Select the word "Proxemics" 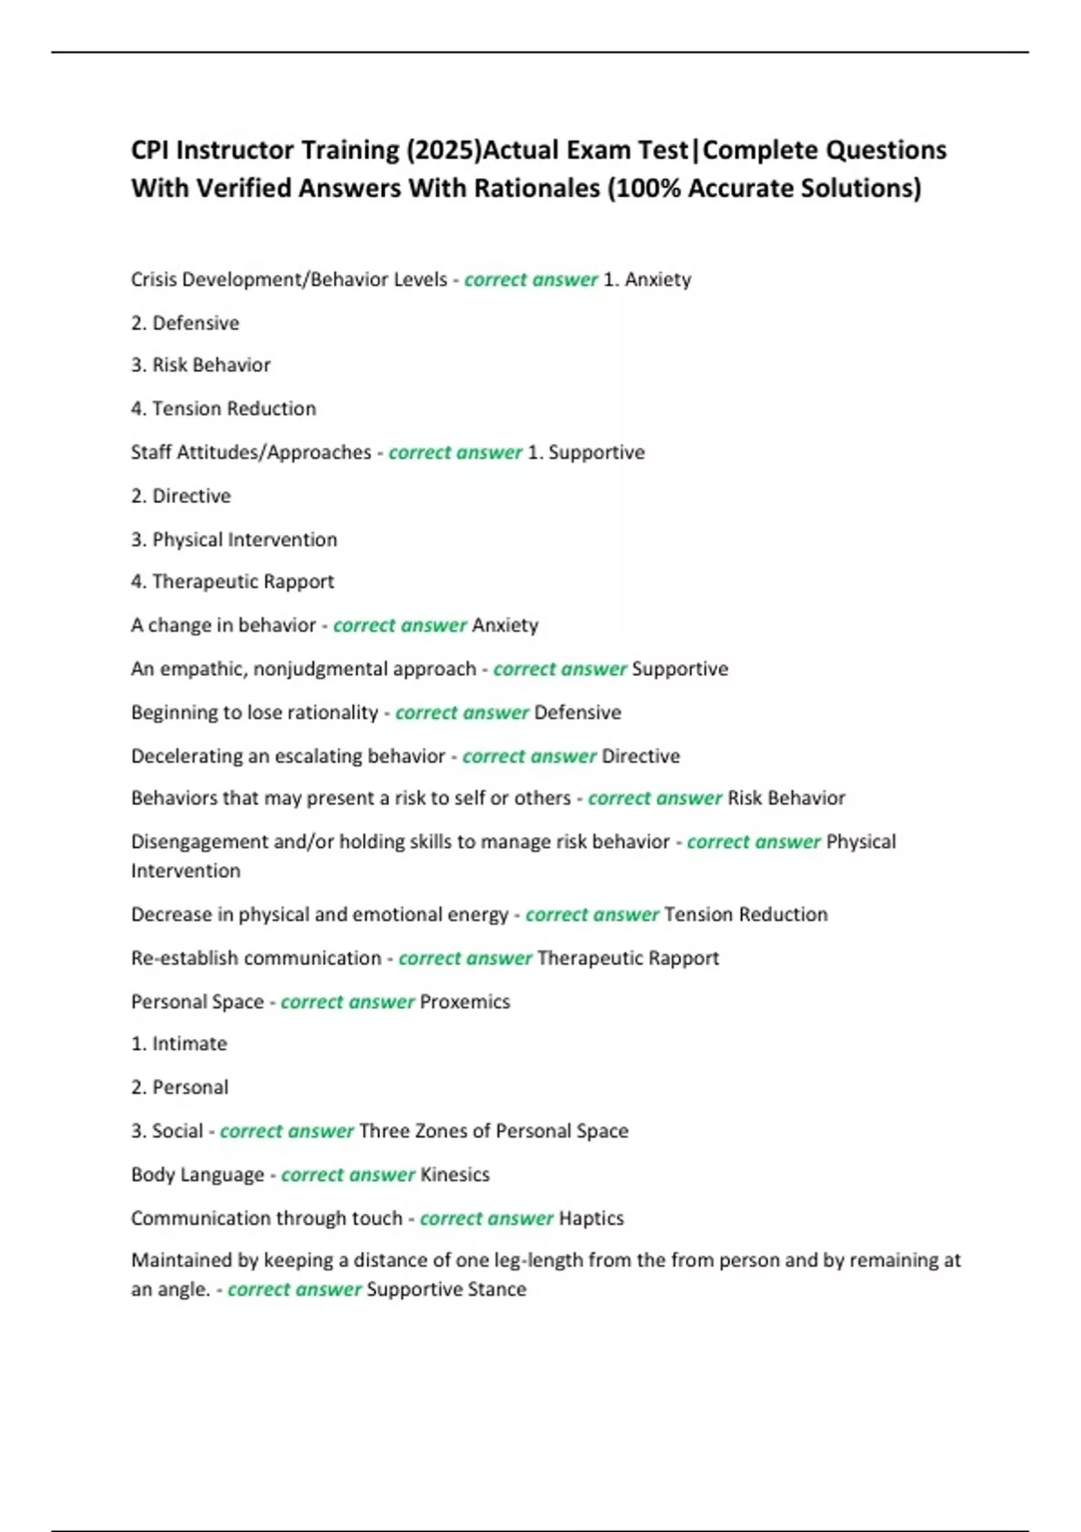(465, 1001)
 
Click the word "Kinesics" (455, 1174)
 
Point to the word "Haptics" (591, 1217)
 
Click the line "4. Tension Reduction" (223, 408)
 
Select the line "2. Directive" (181, 496)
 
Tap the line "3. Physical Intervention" (234, 539)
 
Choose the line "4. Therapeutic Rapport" (232, 581)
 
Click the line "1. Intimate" (179, 1044)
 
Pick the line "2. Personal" (180, 1087)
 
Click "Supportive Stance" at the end (447, 1289)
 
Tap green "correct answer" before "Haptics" (486, 1217)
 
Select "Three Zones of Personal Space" (494, 1130)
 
